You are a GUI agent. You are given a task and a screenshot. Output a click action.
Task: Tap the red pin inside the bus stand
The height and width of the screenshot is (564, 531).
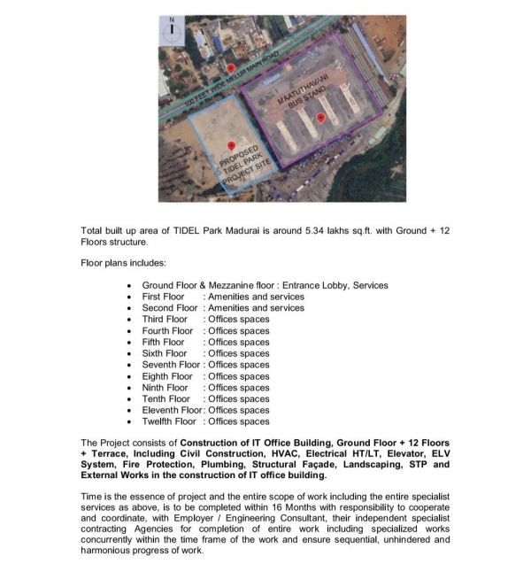tap(320, 118)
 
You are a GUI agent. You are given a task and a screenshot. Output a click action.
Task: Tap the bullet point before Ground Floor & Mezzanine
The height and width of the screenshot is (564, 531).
tap(130, 285)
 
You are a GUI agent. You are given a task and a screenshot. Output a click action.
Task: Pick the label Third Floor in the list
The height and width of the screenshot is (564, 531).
tap(165, 320)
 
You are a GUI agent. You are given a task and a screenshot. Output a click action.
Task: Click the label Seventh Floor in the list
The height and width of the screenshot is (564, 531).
tap(171, 365)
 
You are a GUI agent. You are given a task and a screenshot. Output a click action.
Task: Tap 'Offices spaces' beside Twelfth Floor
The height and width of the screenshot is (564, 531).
tap(237, 421)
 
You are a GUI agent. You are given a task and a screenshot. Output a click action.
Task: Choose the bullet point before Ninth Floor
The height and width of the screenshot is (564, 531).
tap(130, 388)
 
